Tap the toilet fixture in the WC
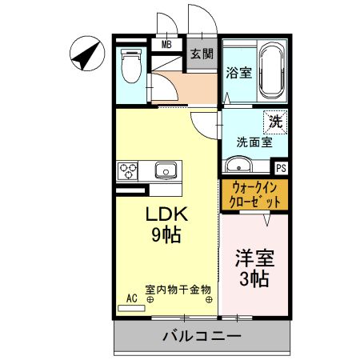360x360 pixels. [x=129, y=66]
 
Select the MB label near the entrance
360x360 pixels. [x=167, y=44]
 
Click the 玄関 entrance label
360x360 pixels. [x=202, y=54]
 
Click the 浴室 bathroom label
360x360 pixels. [x=238, y=73]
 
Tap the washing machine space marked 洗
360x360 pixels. [x=275, y=123]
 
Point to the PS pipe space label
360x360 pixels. [x=281, y=169]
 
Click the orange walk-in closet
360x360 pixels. [x=254, y=194]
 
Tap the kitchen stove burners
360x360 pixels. [x=128, y=170]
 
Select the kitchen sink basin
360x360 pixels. [x=166, y=170]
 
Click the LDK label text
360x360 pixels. [x=166, y=214]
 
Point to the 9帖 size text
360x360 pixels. [x=166, y=235]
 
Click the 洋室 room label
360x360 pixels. [x=254, y=258]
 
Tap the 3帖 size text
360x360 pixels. [x=254, y=279]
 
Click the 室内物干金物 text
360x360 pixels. [x=178, y=289]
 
